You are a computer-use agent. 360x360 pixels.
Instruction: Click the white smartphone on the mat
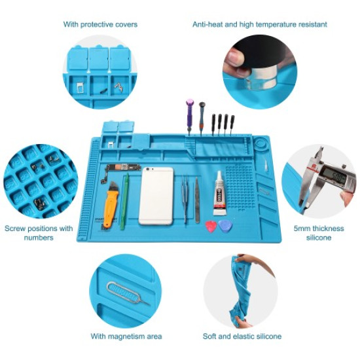pos(156,196)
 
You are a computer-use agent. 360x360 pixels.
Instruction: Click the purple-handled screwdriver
pos(190,114)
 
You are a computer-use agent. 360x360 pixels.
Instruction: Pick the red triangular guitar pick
pos(211,226)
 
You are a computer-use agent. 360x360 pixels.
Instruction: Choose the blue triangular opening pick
pos(225,226)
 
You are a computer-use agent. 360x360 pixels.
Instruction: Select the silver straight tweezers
pos(196,200)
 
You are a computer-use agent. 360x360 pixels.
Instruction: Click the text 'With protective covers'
pos(100,24)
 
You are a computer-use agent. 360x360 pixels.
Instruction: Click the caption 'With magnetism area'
pos(126,336)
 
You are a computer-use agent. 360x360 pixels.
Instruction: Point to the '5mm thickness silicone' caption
pos(319,233)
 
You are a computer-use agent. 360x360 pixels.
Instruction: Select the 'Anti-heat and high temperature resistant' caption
pos(259,24)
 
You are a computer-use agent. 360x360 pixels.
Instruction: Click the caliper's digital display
pos(334,176)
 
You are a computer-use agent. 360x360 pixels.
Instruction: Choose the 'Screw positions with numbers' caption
pos(39,233)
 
